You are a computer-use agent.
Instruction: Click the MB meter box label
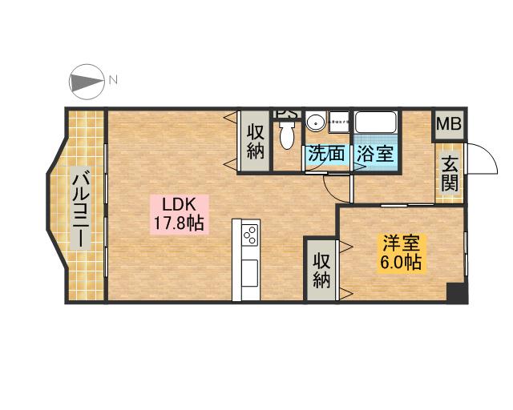click(x=449, y=125)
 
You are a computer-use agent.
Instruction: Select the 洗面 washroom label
click(x=326, y=155)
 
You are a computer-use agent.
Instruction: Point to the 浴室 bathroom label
click(x=376, y=155)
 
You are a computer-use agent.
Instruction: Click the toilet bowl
click(x=286, y=133)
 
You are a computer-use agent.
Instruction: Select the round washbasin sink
click(x=316, y=123)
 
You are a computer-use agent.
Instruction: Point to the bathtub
click(x=376, y=124)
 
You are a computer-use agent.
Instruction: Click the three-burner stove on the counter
click(x=249, y=235)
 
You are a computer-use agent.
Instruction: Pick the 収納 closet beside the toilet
click(x=256, y=141)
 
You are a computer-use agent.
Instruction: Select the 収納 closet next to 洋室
click(x=322, y=270)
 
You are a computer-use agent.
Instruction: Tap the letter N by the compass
click(x=113, y=80)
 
